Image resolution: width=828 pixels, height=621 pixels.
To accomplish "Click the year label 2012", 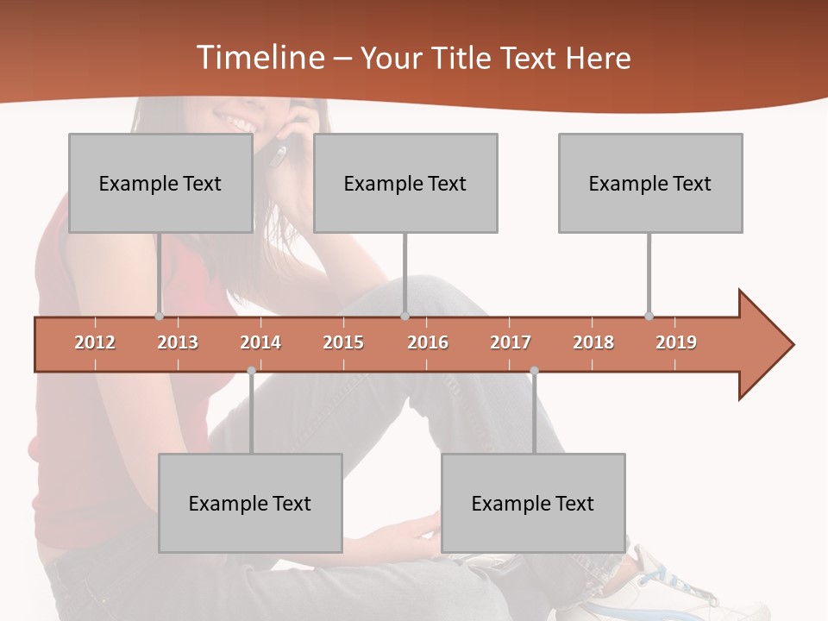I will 95,342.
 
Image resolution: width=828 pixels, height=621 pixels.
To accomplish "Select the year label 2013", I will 178,342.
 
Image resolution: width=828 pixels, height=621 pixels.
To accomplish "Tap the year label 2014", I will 260,342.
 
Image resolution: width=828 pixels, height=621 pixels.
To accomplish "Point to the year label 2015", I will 343,342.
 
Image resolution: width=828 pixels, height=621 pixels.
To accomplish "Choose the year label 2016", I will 428,342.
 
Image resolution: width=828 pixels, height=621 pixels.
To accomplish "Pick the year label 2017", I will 511,342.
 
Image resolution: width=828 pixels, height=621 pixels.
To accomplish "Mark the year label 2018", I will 593,342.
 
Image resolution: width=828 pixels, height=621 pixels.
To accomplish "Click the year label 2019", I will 676,342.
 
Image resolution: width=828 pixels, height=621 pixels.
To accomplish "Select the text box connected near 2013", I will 160,183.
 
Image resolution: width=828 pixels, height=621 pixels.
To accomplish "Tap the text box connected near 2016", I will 405,183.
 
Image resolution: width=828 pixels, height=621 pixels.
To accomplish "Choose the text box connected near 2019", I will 650,183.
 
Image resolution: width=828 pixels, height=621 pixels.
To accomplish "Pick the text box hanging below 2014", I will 250,503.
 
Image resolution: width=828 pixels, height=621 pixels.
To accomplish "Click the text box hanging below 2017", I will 533,503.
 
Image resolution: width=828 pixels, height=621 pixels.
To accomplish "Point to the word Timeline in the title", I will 259,58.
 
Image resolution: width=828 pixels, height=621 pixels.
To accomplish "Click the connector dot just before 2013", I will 159,317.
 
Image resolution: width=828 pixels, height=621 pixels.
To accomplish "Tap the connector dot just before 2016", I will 405,317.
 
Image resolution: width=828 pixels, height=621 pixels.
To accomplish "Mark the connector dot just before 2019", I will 649,317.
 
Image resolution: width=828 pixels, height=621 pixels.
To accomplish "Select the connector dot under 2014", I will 251,371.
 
